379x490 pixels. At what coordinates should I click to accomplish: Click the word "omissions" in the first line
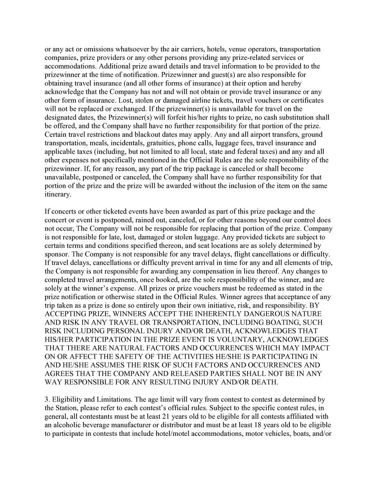[91, 49]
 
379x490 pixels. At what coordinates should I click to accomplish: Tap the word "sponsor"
[56, 254]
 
